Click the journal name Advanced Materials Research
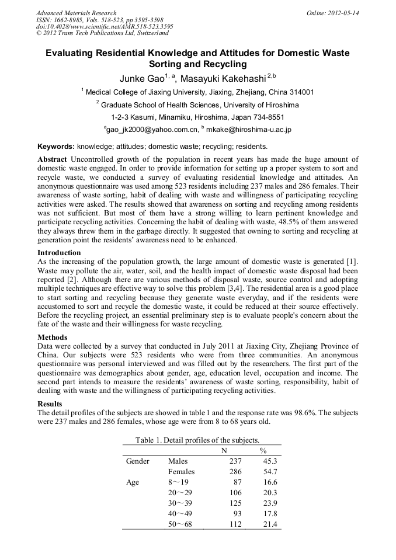pos(76,13)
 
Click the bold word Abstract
pos(53,159)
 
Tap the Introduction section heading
pos(59,253)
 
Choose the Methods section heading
pos(53,338)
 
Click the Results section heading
pos(51,404)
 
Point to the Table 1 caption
pos(197,440)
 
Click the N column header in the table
pos(224,450)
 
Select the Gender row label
pos(138,461)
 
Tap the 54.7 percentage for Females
pos(269,472)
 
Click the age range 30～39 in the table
pos(180,503)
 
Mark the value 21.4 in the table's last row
pos(269,524)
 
